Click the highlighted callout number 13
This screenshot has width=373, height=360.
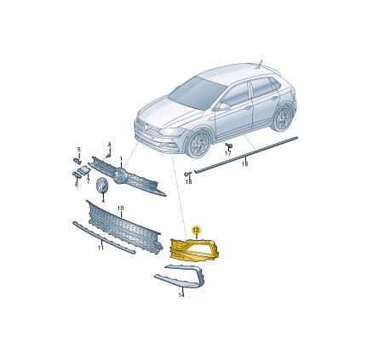coord(196,230)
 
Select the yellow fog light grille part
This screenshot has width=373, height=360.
coord(195,249)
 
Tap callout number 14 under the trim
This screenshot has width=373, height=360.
coord(181,295)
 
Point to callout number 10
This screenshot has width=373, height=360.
coord(121,209)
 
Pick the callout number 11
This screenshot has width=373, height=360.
coord(100,248)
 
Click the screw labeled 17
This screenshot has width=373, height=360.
coord(229,146)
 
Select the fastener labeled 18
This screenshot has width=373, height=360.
coord(187,174)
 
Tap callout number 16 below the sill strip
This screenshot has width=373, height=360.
coord(244,164)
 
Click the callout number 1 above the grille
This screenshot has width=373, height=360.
coord(121,158)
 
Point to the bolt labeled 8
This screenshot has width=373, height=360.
coord(108,157)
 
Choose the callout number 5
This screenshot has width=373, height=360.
coord(79,150)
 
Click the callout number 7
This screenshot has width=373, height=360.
coord(88,180)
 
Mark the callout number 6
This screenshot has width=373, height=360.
coord(77,185)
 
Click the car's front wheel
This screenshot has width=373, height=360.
coord(198,144)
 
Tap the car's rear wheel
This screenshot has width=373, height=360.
coord(282,118)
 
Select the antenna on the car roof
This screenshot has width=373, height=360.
coord(260,64)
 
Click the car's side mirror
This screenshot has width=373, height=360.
coord(224,107)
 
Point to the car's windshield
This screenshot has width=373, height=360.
coord(198,93)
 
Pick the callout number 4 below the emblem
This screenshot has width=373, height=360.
coord(103,201)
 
